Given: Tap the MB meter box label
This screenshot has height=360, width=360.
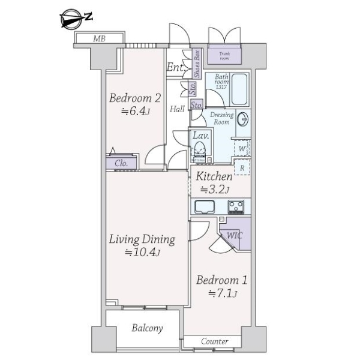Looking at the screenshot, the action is (x=99, y=38).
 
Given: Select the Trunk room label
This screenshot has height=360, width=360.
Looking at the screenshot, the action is (x=224, y=56).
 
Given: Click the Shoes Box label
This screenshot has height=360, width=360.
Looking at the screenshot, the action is (x=197, y=64).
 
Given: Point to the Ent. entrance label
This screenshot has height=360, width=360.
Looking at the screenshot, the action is (x=176, y=67).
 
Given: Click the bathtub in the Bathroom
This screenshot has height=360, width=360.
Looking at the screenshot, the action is (x=239, y=89).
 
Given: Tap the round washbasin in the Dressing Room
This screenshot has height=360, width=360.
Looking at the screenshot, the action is (x=242, y=119).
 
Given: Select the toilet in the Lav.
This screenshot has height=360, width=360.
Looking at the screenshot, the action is (x=199, y=150).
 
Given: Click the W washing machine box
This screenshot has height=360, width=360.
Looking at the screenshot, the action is (x=242, y=148).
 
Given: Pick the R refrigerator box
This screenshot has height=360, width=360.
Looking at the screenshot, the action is (x=242, y=167).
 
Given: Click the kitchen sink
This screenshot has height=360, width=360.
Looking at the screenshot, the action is (x=205, y=207).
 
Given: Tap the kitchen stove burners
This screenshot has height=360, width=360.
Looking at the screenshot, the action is (x=236, y=206).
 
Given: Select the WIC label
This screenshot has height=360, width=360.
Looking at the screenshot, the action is (x=234, y=236).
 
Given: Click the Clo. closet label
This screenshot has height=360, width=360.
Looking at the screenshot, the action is (x=121, y=163).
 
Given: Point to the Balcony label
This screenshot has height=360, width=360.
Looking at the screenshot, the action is (x=148, y=328).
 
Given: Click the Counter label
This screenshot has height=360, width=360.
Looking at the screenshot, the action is (x=214, y=341).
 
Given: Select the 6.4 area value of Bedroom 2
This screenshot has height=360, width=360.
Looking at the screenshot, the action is (x=137, y=112).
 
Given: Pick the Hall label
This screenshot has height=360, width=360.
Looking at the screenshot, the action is (x=177, y=109).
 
